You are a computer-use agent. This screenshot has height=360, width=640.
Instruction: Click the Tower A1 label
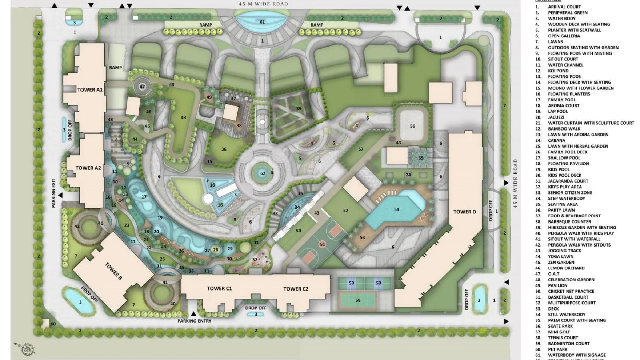[90, 90]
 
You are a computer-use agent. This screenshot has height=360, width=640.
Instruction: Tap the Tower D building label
[464, 212]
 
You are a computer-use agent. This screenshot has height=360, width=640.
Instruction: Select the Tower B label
[113, 271]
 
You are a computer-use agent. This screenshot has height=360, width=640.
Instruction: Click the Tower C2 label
[296, 289]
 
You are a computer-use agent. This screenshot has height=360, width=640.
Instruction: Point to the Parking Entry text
[194, 321]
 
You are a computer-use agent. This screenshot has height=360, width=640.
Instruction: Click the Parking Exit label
[53, 193]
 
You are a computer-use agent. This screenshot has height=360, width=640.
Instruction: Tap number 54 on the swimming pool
[396, 209]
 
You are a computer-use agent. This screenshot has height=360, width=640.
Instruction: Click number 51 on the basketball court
[322, 244]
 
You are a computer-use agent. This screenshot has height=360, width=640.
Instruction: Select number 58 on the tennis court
[358, 300]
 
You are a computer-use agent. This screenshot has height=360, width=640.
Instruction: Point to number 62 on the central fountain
[263, 173]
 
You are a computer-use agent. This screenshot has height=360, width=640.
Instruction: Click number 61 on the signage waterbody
[262, 22]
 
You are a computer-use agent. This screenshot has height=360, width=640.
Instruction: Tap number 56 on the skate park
[412, 126]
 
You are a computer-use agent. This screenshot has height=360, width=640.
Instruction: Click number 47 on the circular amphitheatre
[142, 87]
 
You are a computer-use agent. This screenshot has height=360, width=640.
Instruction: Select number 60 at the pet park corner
[53, 324]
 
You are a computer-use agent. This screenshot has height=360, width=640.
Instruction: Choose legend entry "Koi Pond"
[558, 71]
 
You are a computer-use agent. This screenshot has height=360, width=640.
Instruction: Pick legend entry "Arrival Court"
[564, 7]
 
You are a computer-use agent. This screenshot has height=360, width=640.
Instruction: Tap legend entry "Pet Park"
[557, 349]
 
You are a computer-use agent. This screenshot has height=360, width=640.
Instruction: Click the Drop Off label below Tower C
[256, 308]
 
